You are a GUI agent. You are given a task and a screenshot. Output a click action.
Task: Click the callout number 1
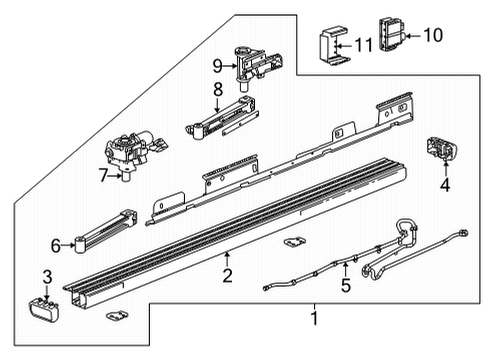(316, 320)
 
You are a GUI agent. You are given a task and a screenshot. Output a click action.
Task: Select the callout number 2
(227, 276)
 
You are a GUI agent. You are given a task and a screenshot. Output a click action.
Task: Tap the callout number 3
(46, 275)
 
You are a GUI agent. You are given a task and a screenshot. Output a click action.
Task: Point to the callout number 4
(446, 183)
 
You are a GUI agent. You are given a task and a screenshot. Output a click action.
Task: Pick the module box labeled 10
(393, 35)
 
